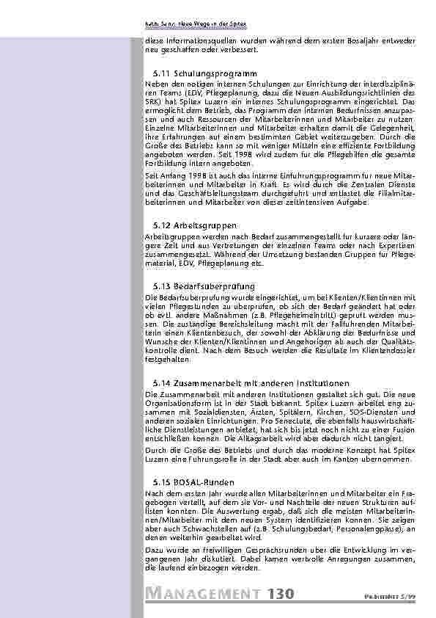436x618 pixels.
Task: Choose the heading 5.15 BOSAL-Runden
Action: (x=193, y=482)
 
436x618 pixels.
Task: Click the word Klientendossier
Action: (x=391, y=350)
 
